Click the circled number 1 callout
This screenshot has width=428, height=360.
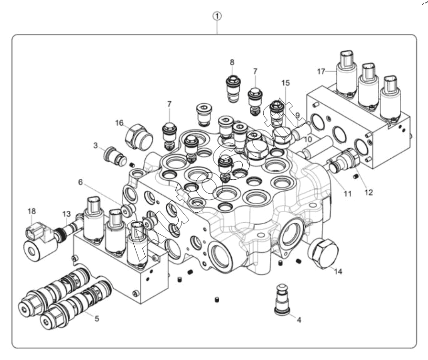tap(218, 16)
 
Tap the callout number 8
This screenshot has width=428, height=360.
tap(232, 62)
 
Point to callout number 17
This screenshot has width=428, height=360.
tap(321, 72)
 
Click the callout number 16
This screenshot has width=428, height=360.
tap(119, 123)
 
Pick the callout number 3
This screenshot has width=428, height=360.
tap(96, 145)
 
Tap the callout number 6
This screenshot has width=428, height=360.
tap(80, 182)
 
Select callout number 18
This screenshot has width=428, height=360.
tap(32, 211)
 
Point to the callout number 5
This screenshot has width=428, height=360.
tap(97, 318)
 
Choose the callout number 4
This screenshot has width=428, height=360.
tap(299, 320)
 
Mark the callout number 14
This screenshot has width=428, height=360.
tap(338, 272)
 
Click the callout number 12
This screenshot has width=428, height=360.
tap(369, 193)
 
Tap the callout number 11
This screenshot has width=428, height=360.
tap(347, 194)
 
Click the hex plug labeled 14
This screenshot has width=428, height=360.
tap(323, 252)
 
